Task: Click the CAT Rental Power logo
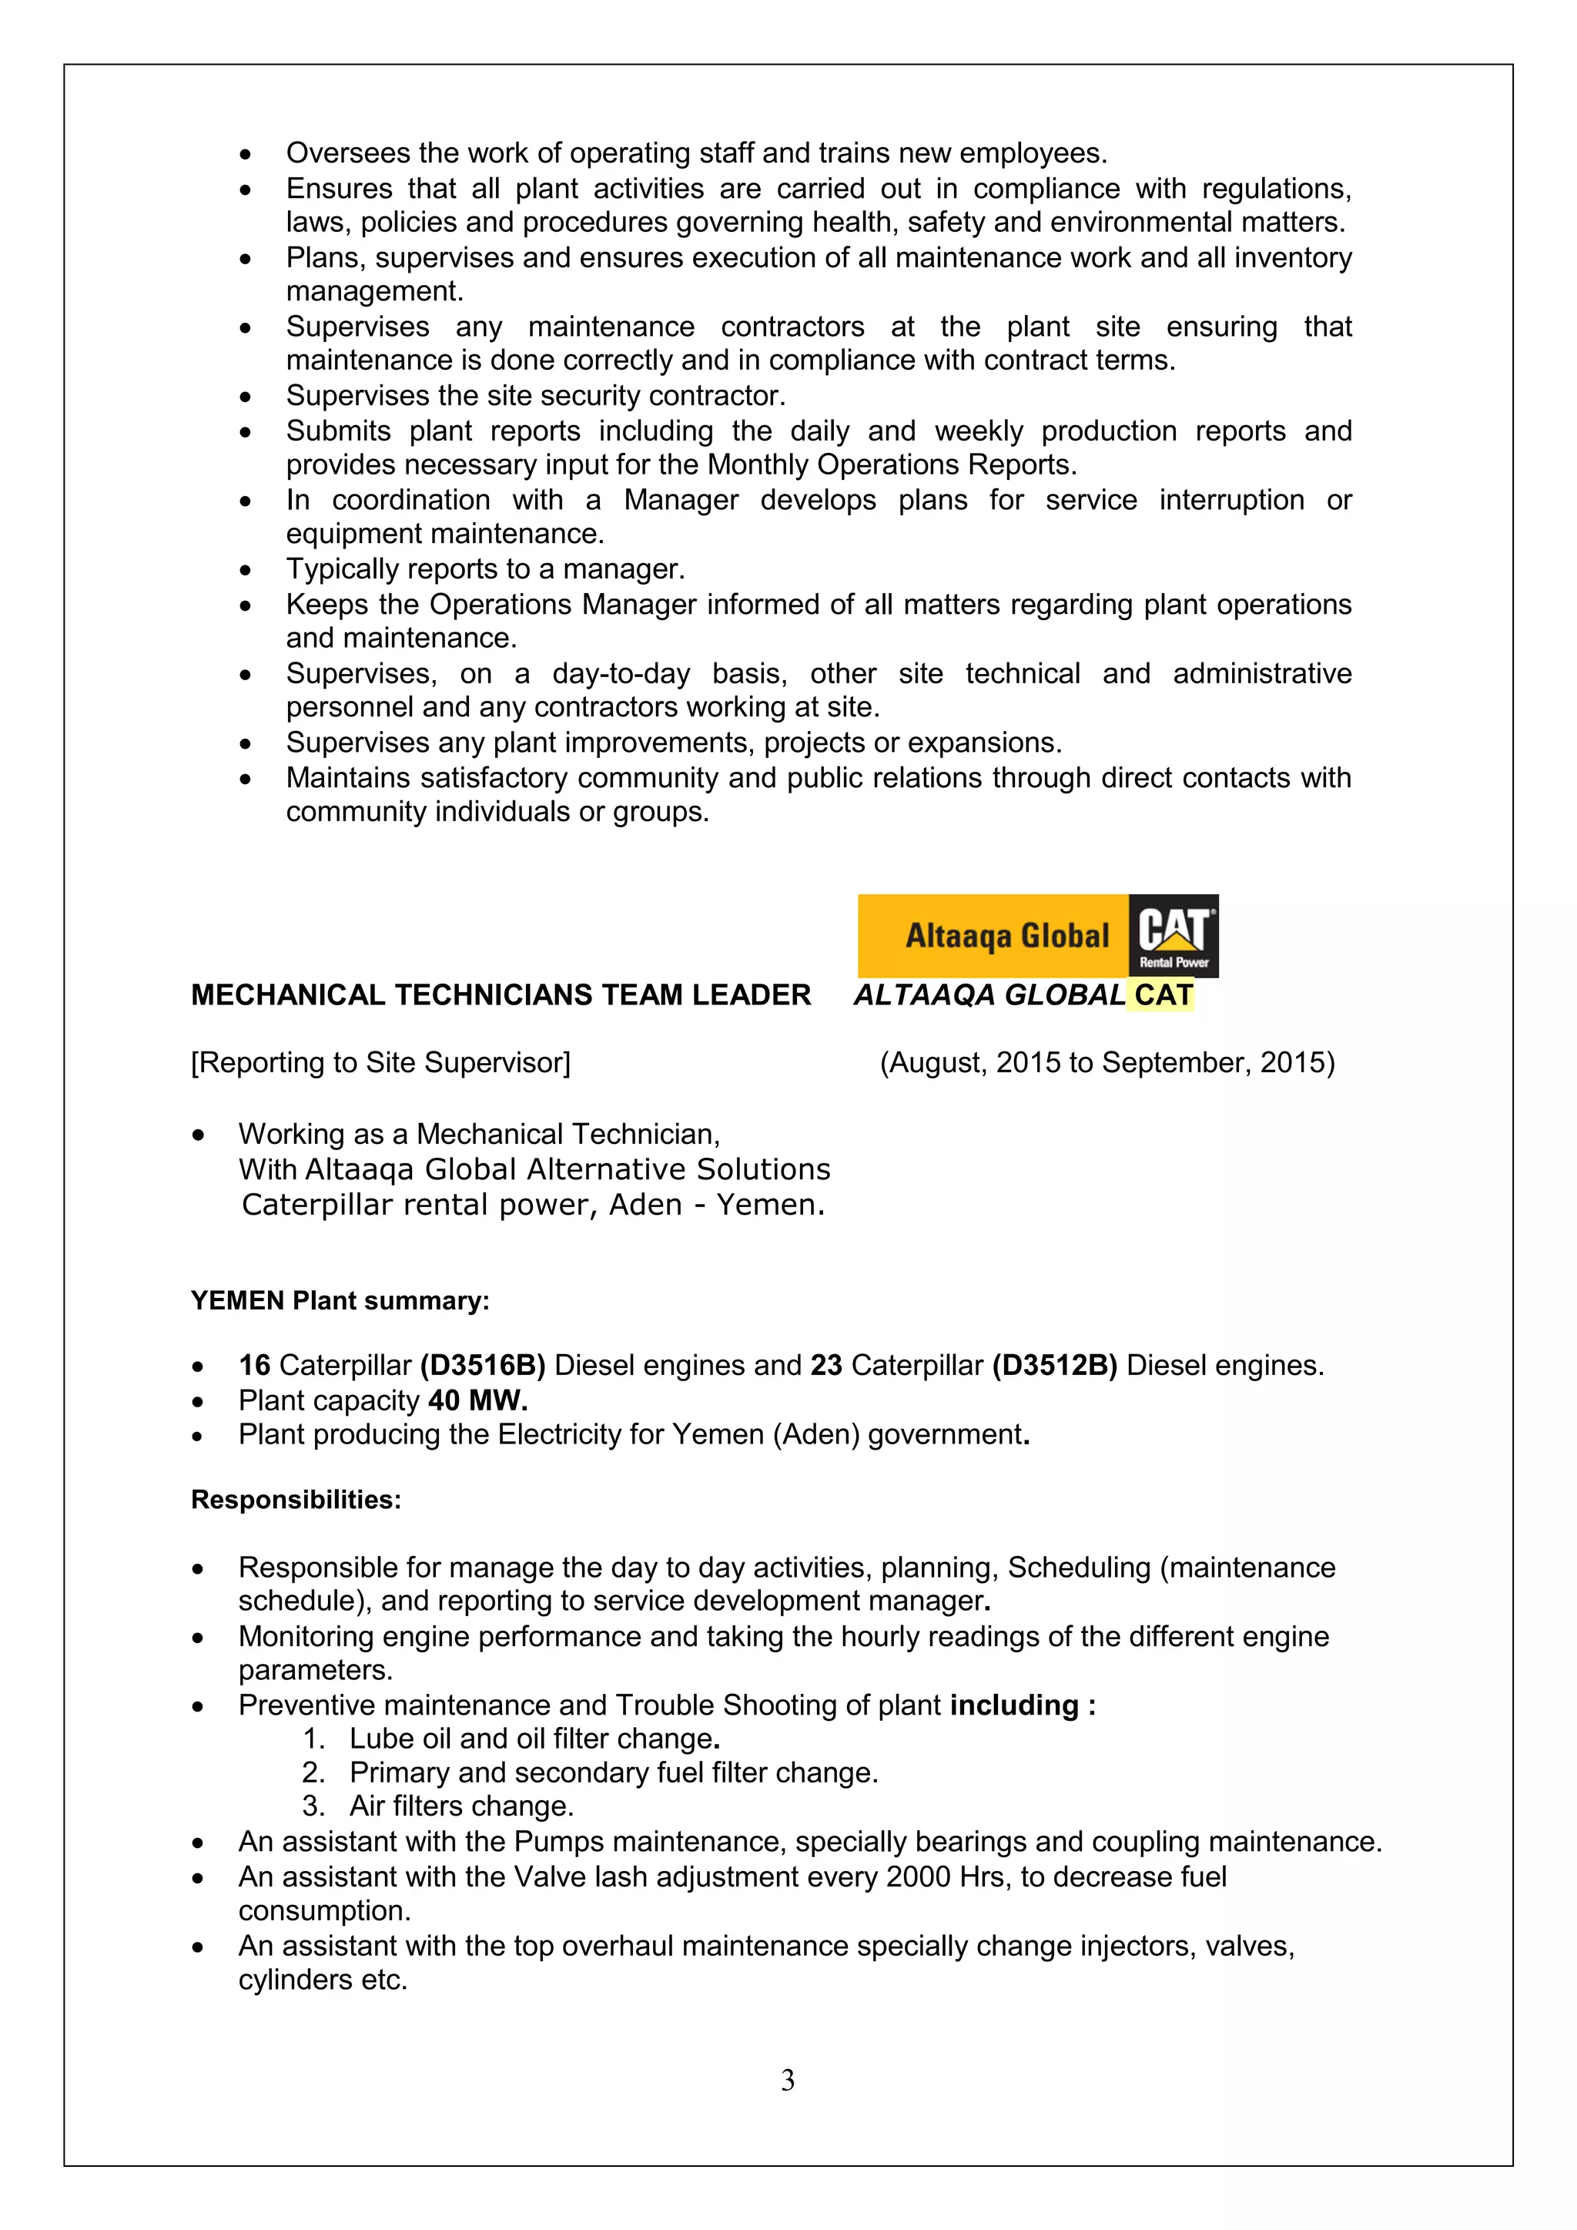point(1173,935)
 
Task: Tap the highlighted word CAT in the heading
point(1163,994)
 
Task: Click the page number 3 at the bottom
point(788,2080)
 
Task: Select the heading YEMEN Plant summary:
point(340,1300)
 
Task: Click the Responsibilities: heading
point(296,1500)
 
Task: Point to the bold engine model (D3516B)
point(483,1366)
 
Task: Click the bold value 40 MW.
point(477,1400)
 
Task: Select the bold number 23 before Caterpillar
point(826,1366)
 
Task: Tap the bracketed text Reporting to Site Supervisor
point(380,1062)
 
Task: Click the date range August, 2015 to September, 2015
point(1107,1062)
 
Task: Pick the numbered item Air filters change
point(461,1806)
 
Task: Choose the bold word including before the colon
point(1014,1705)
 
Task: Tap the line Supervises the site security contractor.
point(535,395)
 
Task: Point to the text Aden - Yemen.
point(717,1205)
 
